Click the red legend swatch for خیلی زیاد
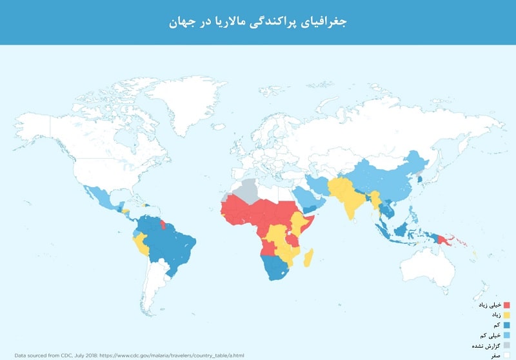coord(506,305)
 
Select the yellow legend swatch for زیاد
coord(506,315)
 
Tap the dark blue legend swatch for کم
coord(506,325)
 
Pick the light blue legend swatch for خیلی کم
coord(506,335)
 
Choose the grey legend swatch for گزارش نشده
coord(506,345)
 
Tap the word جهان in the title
coord(184,22)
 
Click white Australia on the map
coord(429,265)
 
